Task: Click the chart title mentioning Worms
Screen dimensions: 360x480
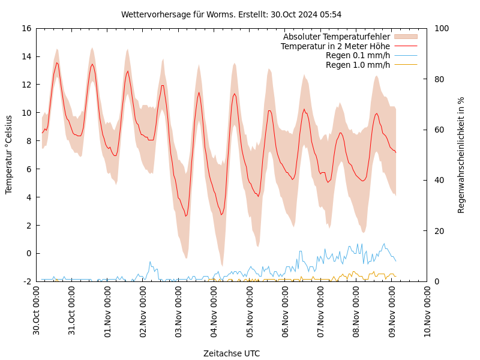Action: pyautogui.click(x=231, y=14)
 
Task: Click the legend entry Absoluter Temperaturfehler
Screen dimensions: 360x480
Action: pyautogui.click(x=337, y=37)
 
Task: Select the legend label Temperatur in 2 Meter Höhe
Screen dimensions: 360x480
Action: pyautogui.click(x=335, y=46)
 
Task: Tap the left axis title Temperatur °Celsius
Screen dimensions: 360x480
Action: pyautogui.click(x=9, y=154)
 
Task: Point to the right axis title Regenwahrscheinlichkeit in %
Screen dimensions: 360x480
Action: pyautogui.click(x=461, y=155)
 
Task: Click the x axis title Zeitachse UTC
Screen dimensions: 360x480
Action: pyautogui.click(x=232, y=353)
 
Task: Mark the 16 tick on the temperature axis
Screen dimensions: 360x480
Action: pyautogui.click(x=25, y=28)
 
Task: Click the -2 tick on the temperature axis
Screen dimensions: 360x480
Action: pyautogui.click(x=27, y=281)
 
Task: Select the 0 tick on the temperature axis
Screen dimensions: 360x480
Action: pyautogui.click(x=29, y=253)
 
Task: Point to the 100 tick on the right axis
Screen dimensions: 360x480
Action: pyautogui.click(x=442, y=28)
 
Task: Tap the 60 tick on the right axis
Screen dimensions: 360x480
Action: pyautogui.click(x=439, y=130)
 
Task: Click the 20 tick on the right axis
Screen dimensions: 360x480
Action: pyautogui.click(x=439, y=231)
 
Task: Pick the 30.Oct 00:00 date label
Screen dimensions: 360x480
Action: pyautogui.click(x=37, y=311)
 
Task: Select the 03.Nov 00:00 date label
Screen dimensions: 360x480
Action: pyautogui.click(x=179, y=311)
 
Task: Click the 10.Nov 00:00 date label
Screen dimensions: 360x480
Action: pyautogui.click(x=428, y=311)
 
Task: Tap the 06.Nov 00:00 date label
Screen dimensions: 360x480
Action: pyautogui.click(x=286, y=311)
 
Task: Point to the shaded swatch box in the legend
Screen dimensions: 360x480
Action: pyautogui.click(x=405, y=37)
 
